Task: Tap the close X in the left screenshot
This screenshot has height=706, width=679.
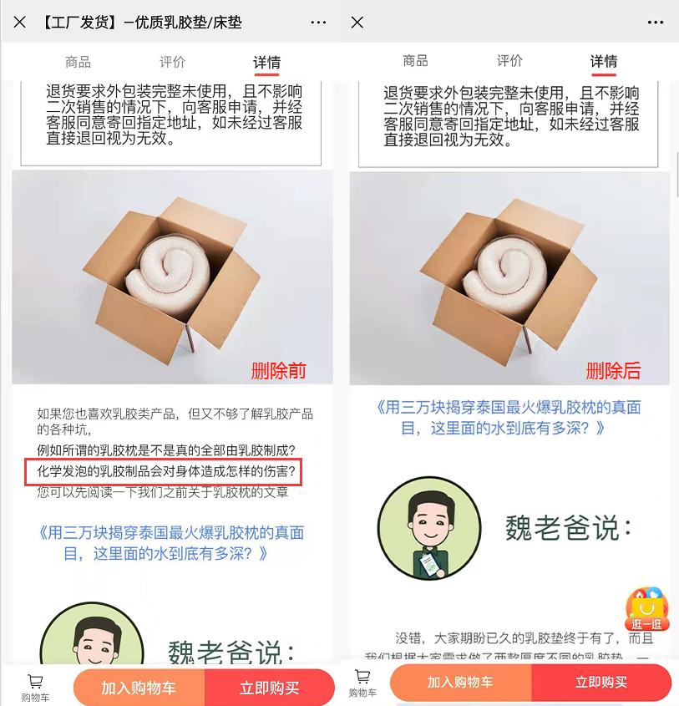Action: [x=20, y=23]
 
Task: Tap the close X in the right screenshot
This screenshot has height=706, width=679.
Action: [x=357, y=23]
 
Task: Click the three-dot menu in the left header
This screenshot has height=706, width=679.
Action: [x=318, y=23]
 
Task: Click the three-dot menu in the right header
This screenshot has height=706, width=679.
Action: [x=655, y=23]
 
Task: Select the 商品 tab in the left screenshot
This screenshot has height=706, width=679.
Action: [x=78, y=62]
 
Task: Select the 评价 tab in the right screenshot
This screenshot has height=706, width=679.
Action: [x=509, y=61]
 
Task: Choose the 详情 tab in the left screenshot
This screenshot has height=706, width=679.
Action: [x=267, y=63]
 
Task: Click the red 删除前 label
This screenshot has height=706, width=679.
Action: [x=279, y=370]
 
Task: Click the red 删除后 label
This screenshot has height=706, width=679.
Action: [x=614, y=370]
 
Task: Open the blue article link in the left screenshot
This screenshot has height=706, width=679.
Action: [x=171, y=543]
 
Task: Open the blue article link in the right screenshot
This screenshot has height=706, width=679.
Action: [x=509, y=418]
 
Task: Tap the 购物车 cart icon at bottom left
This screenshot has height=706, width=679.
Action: [x=35, y=687]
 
